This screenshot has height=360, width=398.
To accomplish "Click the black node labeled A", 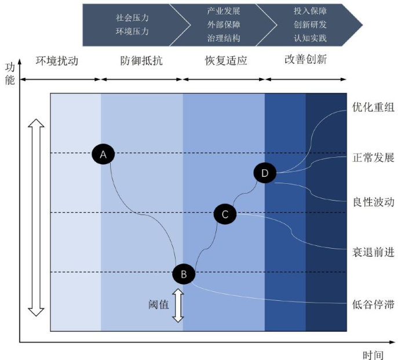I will (x=103, y=154).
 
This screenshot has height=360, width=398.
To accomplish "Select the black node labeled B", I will (x=184, y=274).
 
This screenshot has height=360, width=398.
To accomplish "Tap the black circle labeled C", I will (x=225, y=214).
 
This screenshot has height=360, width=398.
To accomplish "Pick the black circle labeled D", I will (x=265, y=173).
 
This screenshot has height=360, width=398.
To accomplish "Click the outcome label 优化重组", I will (x=373, y=108).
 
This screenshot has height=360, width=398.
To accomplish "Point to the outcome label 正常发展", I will (x=373, y=157).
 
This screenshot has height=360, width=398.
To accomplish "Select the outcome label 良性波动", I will (x=373, y=202).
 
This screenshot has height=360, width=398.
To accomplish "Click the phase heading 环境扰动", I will (x=57, y=60).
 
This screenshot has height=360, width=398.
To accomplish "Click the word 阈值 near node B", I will (x=159, y=304).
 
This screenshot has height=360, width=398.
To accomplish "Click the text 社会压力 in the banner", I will (x=133, y=18).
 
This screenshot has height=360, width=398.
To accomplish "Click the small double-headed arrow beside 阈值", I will (x=178, y=305).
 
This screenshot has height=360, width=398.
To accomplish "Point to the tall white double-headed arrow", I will (x=36, y=217).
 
